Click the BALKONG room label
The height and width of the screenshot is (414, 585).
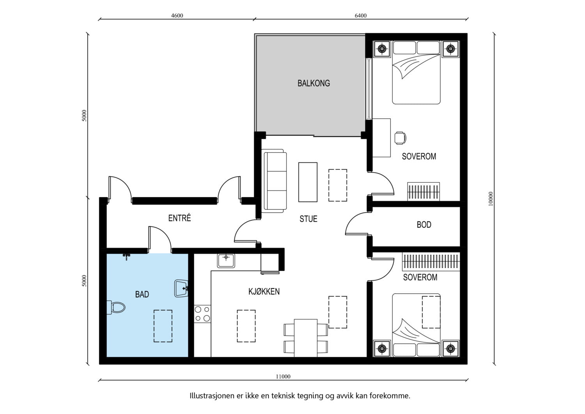(314, 83)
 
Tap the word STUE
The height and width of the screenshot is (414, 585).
(308, 219)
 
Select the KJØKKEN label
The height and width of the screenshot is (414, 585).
(264, 291)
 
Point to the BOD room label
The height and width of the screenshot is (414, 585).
(424, 225)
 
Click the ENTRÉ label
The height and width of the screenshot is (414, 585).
(179, 218)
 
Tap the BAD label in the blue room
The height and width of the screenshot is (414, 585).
(142, 294)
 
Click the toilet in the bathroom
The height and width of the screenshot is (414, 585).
(116, 307)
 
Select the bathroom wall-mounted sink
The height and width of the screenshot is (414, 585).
(181, 289)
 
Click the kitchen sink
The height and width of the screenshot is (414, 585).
(226, 261)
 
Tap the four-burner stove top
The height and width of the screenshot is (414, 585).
(202, 314)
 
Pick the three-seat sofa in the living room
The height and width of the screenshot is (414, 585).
(274, 181)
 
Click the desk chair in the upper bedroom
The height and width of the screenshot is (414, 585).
(400, 138)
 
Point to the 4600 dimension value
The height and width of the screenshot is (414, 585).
(177, 16)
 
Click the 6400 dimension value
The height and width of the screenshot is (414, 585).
(361, 16)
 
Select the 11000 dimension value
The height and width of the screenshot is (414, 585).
(283, 377)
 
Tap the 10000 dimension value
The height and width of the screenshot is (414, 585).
(491, 199)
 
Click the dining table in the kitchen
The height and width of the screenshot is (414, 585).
(305, 338)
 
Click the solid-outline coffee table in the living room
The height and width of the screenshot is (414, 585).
(308, 182)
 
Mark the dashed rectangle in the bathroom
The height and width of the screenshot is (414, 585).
(163, 326)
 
